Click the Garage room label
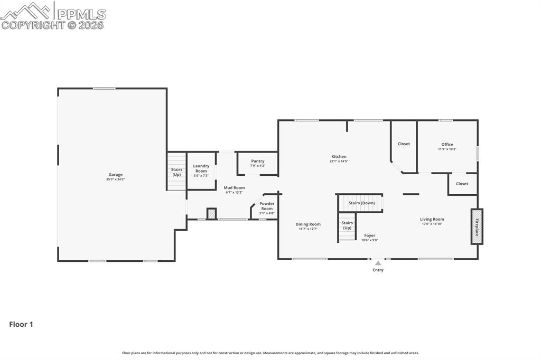click(115, 175)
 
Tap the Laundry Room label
click(201, 168)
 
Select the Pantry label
click(258, 161)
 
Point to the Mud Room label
click(234, 187)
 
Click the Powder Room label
click(267, 206)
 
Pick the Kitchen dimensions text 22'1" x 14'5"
click(339, 161)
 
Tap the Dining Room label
click(308, 224)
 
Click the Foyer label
click(370, 235)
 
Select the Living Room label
click(432, 219)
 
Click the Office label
click(447, 144)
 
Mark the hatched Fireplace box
click(477, 226)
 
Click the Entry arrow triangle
click(378, 263)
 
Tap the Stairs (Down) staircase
click(361, 203)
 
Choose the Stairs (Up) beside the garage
click(176, 172)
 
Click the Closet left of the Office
click(404, 144)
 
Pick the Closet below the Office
click(462, 184)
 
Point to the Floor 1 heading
click(21, 324)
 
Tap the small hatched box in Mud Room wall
click(211, 214)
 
